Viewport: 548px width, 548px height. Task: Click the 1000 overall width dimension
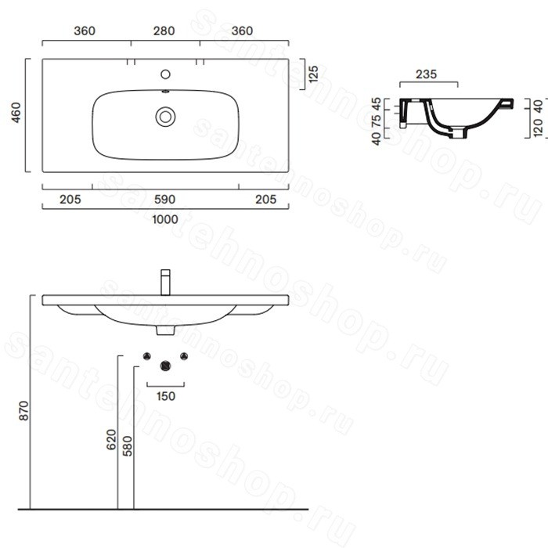165,219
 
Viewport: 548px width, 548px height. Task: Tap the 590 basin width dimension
164,200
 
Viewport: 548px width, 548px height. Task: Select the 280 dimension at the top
164,31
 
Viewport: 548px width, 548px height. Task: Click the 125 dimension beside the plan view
313,74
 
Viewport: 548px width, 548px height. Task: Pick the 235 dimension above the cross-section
427,74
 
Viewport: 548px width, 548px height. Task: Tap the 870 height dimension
23,411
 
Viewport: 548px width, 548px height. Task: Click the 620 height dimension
111,440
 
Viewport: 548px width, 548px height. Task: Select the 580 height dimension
128,446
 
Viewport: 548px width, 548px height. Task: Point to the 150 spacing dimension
166,396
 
